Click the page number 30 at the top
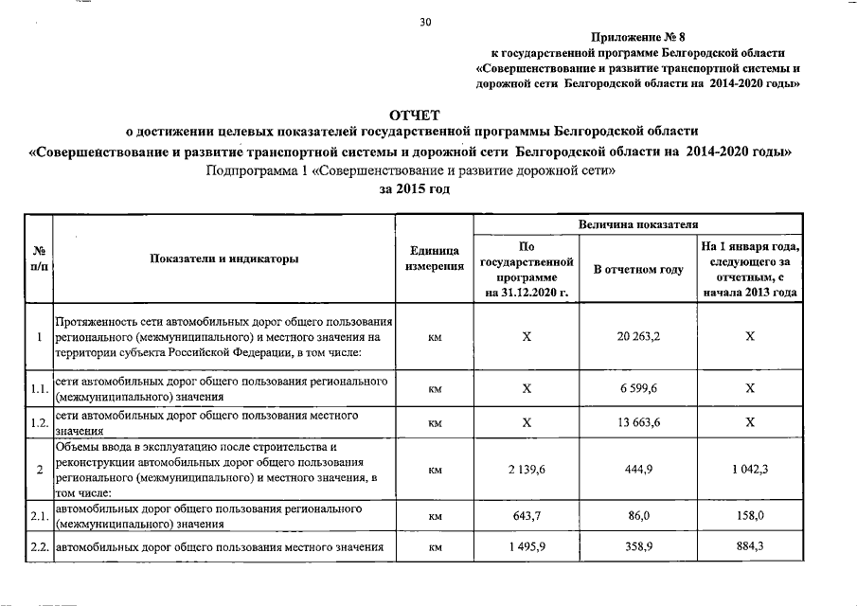pos(425,22)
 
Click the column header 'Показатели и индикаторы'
pos(223,258)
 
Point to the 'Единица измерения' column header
pos(436,258)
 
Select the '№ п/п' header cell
pos(40,258)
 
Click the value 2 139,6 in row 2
pos(527,469)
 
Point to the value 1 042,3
pos(749,469)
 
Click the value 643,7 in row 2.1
pos(527,516)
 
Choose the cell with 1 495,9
pos(527,547)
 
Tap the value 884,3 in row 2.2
pos(749,547)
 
